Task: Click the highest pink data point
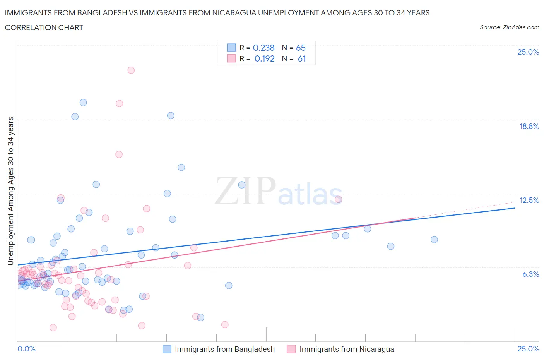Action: click(131, 70)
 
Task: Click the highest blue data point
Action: click(83, 103)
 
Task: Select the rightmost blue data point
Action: click(434, 240)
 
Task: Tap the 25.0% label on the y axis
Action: click(528, 52)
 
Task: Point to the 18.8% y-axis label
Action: click(529, 126)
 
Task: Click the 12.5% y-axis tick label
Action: click(529, 200)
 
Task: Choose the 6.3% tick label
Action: click(530, 274)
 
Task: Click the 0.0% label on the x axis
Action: click(26, 349)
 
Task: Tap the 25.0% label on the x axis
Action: click(528, 349)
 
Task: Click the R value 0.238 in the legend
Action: click(263, 48)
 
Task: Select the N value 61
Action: click(302, 58)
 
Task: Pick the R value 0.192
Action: click(264, 58)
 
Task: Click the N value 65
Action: click(301, 48)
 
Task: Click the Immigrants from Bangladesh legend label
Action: click(224, 349)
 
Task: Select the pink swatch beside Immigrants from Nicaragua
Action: click(291, 349)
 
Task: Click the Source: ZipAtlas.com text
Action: click(509, 27)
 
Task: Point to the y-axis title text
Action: click(11, 191)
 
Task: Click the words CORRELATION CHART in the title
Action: click(44, 27)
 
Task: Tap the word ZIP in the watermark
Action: click(245, 191)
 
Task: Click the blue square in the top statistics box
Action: click(231, 48)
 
